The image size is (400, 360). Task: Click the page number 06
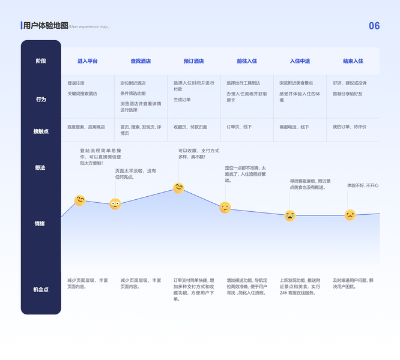pos(374,26)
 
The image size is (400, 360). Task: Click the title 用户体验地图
pos(46,26)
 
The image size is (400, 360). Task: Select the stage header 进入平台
pos(87,61)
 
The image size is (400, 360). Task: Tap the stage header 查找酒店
pos(141,61)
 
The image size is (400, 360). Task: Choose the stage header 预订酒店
pos(193,61)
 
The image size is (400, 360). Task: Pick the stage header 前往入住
pos(246,61)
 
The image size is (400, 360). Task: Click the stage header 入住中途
pos(300,61)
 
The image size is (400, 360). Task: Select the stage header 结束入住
pos(353,61)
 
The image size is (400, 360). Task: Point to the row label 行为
pos(40,100)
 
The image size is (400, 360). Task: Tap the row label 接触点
pos(40,131)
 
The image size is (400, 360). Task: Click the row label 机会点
pos(40,290)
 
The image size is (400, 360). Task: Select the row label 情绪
pos(40,224)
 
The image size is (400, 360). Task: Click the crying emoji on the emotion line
pos(290,215)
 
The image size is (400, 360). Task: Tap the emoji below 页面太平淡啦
pos(115,204)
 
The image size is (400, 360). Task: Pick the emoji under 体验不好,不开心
pos(350,215)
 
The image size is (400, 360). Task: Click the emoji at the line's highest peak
pos(178,188)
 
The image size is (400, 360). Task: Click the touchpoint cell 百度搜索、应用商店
pos(86,127)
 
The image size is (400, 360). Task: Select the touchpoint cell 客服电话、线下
pos(294,127)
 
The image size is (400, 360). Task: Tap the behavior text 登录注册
pos(76,83)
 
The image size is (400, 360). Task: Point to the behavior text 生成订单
pos(182,100)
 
